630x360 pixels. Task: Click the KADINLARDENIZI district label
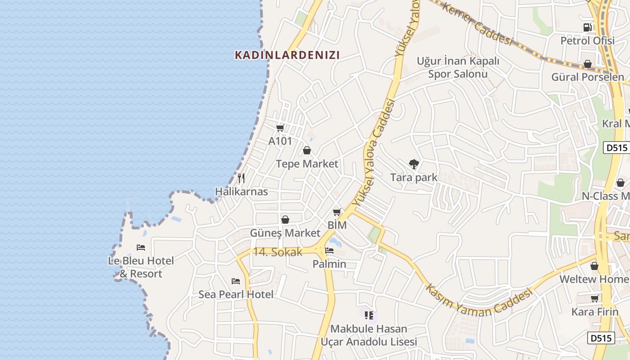(287, 55)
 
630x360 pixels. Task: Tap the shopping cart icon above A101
(280, 128)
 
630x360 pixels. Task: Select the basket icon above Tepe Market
(307, 150)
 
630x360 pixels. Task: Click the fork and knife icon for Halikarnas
(241, 178)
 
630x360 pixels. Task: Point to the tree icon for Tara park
(414, 164)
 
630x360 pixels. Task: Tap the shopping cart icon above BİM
(337, 212)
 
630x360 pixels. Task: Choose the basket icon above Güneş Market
(285, 220)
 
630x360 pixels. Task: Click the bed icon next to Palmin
(329, 251)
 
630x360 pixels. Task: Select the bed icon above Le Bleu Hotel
(141, 247)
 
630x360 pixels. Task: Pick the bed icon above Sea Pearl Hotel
(236, 281)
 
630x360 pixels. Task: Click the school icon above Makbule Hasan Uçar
(369, 315)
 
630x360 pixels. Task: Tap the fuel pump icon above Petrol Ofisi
(587, 27)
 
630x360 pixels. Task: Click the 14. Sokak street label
(278, 252)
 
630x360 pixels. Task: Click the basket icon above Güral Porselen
(588, 64)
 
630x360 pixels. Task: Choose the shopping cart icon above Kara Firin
(595, 298)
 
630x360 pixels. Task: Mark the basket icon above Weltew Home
(594, 266)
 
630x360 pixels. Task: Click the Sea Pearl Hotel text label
(236, 295)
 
